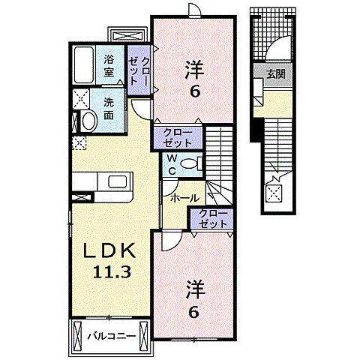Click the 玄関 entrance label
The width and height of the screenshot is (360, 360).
pos(275,74)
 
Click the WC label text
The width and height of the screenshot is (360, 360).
pos(171,164)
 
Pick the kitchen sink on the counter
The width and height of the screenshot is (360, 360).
pos(119,181)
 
